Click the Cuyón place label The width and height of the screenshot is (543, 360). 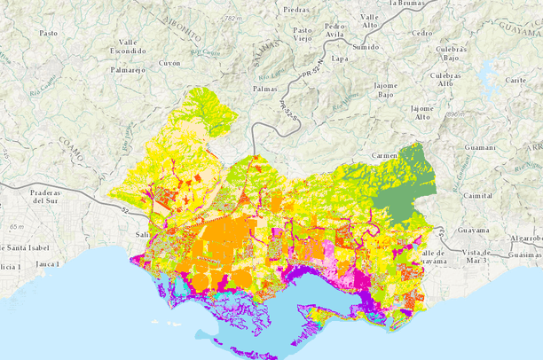[169, 64]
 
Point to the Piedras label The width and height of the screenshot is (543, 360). [295, 10]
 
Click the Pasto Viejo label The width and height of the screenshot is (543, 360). [303, 35]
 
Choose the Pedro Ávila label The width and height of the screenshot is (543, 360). [335, 31]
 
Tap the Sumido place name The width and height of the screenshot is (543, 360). [365, 45]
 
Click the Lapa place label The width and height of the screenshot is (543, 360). [339, 59]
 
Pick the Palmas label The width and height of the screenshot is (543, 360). [265, 90]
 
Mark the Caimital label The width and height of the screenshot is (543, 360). [477, 195]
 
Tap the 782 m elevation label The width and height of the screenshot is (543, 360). [232, 19]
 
